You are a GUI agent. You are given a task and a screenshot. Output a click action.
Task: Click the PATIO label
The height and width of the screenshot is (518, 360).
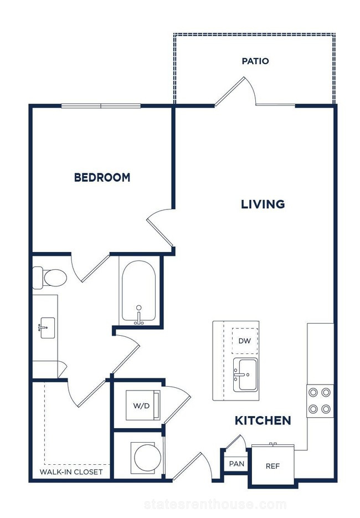click(x=255, y=61)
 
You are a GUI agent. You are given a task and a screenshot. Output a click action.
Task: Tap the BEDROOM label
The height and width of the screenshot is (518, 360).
click(x=102, y=177)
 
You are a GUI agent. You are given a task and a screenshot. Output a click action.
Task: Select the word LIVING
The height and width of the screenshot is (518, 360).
click(x=263, y=204)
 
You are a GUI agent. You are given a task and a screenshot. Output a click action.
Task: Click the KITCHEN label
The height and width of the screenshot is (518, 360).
click(x=263, y=420)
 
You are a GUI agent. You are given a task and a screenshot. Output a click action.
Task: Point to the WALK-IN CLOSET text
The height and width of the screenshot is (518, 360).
click(x=71, y=472)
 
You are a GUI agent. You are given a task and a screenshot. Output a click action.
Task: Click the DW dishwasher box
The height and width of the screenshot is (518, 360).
click(x=245, y=341)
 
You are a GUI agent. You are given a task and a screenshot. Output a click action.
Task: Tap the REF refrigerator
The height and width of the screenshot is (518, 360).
click(x=273, y=466)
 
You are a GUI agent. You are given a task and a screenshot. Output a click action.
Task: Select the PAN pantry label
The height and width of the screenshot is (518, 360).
click(x=237, y=464)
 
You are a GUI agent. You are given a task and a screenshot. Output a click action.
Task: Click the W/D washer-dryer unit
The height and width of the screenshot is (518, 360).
click(x=143, y=406)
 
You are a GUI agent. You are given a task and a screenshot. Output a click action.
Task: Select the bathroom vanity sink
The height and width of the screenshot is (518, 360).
click(x=47, y=328)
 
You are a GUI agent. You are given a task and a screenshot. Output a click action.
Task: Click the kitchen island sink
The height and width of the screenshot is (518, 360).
click(x=245, y=375)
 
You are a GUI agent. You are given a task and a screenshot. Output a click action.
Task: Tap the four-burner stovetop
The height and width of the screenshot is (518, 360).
click(x=320, y=401)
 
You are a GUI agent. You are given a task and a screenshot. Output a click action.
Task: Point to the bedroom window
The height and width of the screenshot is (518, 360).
click(x=101, y=106)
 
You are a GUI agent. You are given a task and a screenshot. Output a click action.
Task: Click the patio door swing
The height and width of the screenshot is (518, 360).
click(x=236, y=91)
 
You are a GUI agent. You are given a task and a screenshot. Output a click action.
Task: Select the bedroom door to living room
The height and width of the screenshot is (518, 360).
click(x=161, y=228)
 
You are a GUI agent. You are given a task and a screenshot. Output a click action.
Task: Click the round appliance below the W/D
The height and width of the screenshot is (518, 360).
click(x=147, y=458)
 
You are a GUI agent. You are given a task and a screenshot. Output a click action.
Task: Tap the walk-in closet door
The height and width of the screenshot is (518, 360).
click(x=86, y=393)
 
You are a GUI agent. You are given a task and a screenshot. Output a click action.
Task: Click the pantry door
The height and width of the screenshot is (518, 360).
click(x=236, y=442)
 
